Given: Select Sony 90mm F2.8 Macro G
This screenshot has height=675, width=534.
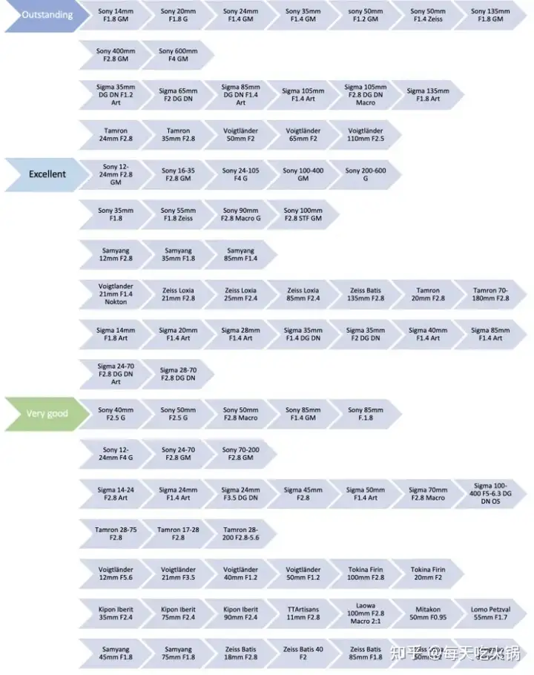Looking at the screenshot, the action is coord(240,214).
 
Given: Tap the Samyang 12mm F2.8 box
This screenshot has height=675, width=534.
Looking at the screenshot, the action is coord(115,254).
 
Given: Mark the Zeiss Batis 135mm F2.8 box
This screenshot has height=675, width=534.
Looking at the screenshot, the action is coord(366,294).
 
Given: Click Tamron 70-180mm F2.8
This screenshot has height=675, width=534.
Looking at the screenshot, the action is coord(491,294).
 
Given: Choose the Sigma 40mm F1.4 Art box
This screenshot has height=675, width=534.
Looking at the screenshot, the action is coord(428,335).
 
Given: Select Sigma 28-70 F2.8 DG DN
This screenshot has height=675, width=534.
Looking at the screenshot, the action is coord(178,374).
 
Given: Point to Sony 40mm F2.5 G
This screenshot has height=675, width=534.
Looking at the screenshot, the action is coord(115,414).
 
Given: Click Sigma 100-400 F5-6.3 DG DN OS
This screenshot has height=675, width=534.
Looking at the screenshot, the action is coord(491,494).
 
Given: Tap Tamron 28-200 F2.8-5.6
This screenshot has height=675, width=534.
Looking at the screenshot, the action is coord(240,534).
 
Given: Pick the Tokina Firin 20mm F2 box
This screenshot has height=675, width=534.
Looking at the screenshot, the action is coord(428,574).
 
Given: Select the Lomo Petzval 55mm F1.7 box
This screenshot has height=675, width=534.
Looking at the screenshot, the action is coord(491,613).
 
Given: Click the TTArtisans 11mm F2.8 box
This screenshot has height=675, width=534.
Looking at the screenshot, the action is coord(303,613).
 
